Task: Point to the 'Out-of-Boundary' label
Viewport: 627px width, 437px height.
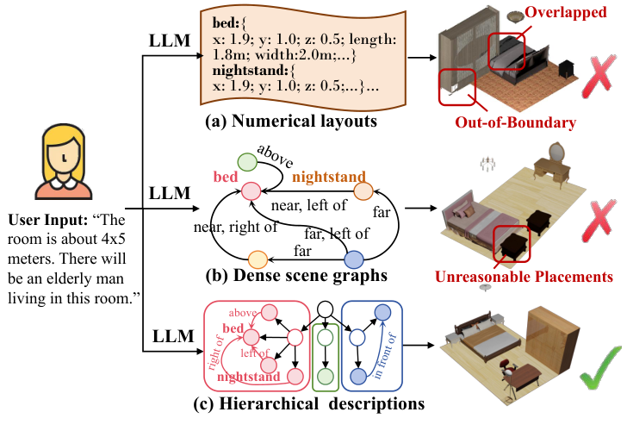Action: click(516, 123)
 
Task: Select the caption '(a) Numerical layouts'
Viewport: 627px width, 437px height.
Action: click(291, 122)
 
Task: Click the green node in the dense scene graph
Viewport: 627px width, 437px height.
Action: click(247, 161)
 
